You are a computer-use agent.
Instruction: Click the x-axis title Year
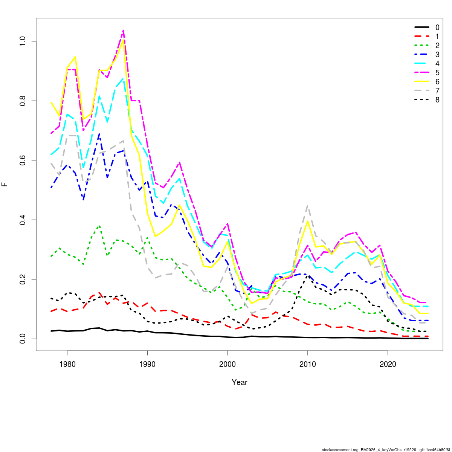coord(240,382)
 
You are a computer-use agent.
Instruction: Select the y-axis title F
coord(5,185)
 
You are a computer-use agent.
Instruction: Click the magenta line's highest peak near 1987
coord(123,30)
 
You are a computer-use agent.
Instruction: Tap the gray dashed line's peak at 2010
coord(308,206)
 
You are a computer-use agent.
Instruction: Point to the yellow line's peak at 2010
coord(308,221)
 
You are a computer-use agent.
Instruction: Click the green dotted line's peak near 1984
coord(99,226)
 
